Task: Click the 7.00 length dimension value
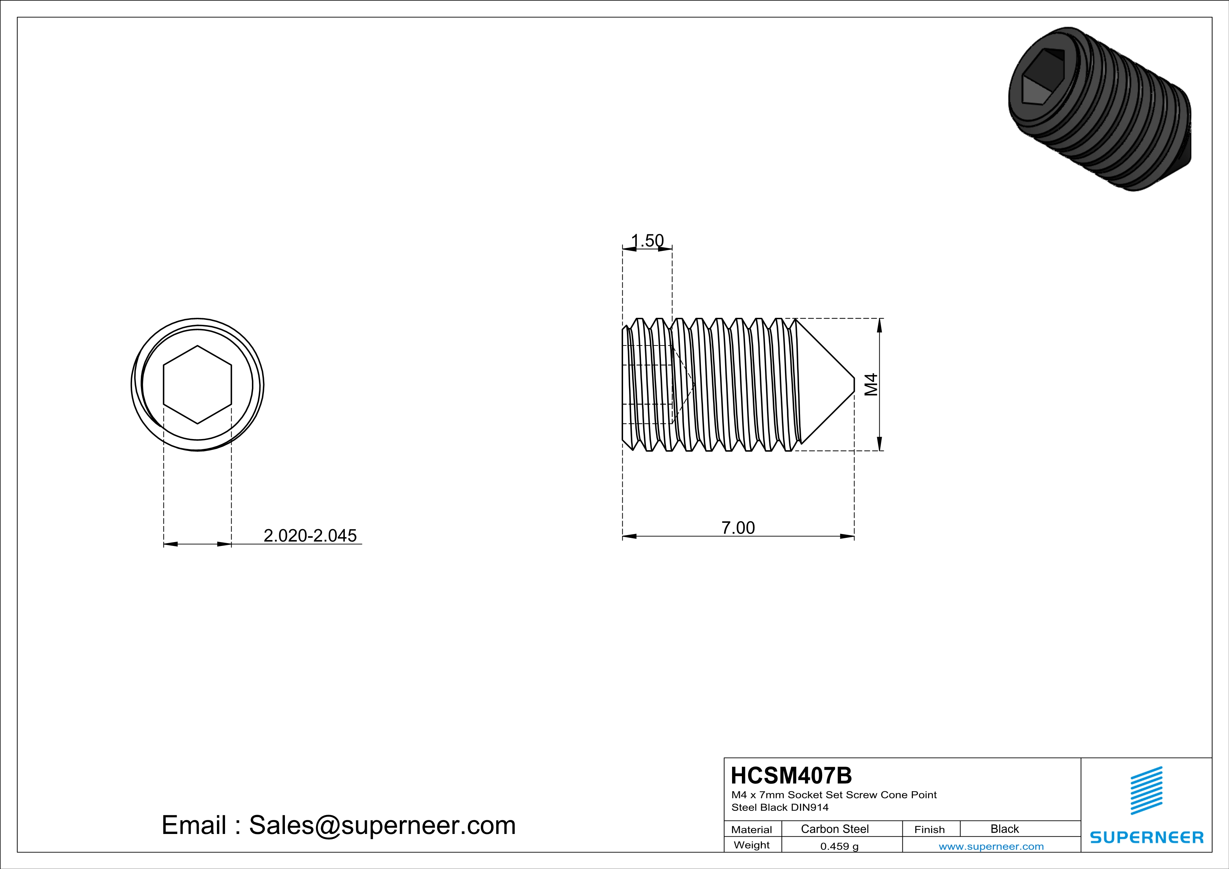[x=738, y=528]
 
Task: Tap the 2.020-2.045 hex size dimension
[x=310, y=536]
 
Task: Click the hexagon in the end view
[x=198, y=385]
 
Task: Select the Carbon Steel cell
[x=834, y=829]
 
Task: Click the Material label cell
[x=752, y=829]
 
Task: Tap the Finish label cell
[x=929, y=829]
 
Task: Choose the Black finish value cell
[x=1004, y=829]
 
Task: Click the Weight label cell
[x=752, y=845]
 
